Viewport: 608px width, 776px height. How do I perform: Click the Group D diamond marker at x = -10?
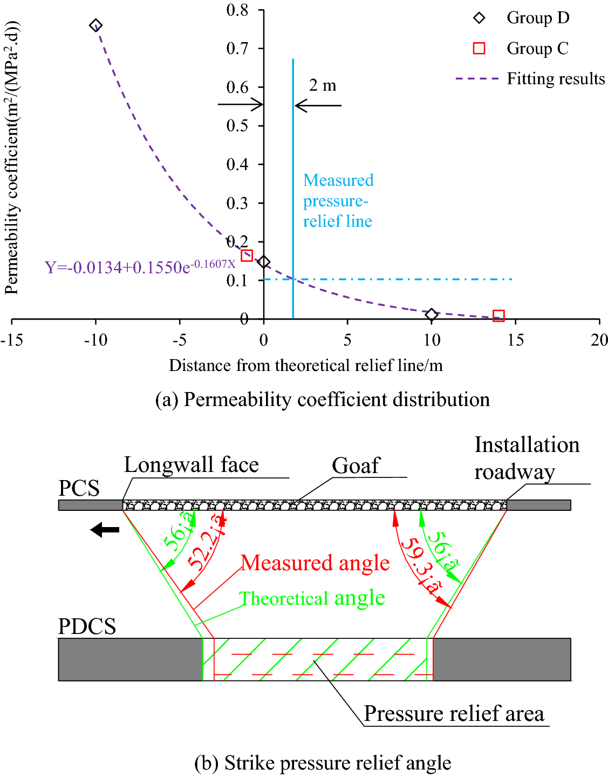[x=95, y=25]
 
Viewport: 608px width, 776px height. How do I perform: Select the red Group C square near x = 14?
[x=498, y=316]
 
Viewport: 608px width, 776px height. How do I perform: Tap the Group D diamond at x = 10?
[x=431, y=315]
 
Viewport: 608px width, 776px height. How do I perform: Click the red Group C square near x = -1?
[x=247, y=255]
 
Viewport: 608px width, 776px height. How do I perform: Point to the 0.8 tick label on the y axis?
[x=237, y=10]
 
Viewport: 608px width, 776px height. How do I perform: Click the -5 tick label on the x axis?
[x=180, y=340]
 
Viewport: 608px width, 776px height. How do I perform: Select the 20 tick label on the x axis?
[x=599, y=340]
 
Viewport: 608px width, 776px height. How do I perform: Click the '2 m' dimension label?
[x=323, y=85]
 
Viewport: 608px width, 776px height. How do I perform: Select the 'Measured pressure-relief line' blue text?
[x=338, y=200]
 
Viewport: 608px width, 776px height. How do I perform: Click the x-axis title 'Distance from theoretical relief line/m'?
[x=305, y=366]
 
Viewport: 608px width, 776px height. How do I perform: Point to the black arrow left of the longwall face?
[x=105, y=530]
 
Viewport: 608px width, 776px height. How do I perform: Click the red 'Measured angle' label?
[x=315, y=563]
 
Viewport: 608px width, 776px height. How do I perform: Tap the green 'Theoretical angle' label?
[x=312, y=598]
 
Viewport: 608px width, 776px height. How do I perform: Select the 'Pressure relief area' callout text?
[x=454, y=713]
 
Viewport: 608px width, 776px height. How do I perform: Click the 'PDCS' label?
[x=87, y=626]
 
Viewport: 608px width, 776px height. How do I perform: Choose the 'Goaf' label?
[x=356, y=465]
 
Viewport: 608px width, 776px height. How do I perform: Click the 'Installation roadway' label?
[x=527, y=458]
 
